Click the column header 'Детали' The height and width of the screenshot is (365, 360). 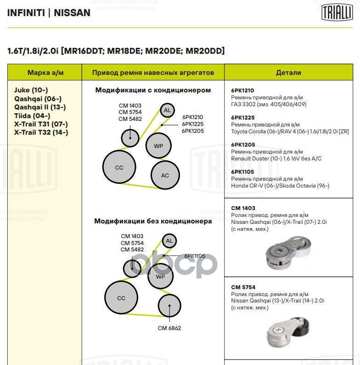288,73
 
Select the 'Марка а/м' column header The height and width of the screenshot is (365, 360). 45,73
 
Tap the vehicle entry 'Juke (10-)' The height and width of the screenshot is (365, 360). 31,90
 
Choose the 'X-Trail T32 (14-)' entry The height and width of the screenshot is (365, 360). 41,132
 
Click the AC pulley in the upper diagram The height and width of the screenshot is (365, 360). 165,175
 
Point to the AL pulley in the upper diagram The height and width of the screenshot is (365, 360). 167,110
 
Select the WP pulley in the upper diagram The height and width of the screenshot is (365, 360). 158,146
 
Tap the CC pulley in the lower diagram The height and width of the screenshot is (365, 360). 121,298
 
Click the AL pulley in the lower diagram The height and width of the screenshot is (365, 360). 169,240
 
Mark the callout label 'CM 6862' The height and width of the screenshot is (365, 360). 169,328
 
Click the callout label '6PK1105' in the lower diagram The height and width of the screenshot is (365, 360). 195,256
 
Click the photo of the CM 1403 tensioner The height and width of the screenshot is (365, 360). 288,253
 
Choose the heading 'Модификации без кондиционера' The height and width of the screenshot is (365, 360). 153,221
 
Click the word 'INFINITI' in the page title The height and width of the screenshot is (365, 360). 26,13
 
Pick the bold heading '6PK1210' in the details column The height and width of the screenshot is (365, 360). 243,91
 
